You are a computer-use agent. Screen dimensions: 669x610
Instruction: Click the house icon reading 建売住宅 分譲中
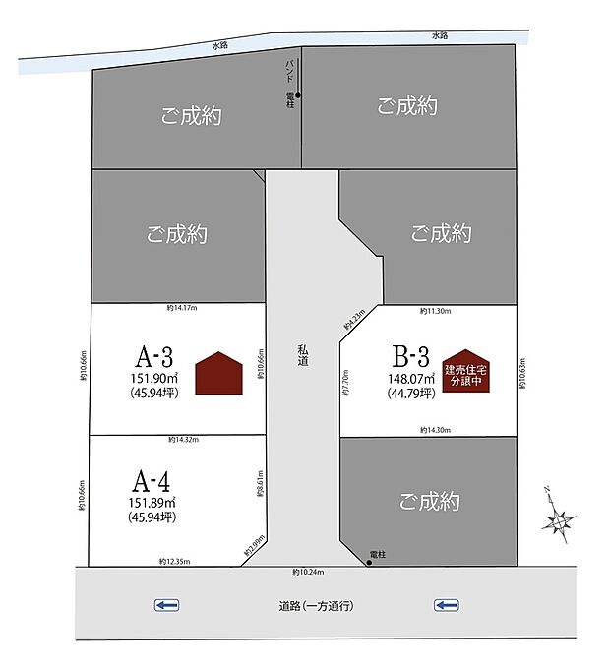click(465, 372)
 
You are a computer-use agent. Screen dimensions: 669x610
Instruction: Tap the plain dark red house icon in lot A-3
click(218, 374)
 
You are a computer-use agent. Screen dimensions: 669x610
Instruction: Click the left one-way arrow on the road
click(166, 605)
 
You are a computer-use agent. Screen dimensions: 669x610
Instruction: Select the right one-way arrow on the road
click(446, 605)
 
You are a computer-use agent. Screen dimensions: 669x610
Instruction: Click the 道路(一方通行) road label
click(315, 606)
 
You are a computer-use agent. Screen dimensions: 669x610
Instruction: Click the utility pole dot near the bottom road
click(369, 563)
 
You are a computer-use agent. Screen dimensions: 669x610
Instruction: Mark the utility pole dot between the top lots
click(298, 96)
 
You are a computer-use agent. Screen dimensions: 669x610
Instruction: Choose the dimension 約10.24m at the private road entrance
click(308, 573)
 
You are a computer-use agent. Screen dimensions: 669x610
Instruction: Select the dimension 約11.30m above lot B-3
click(434, 311)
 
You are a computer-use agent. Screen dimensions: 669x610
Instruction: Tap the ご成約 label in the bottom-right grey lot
click(429, 501)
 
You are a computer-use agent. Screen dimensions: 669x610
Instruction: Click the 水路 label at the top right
click(439, 36)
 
